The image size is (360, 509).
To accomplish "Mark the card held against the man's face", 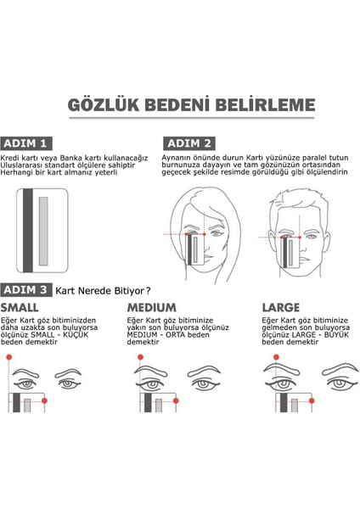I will click(294, 251).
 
